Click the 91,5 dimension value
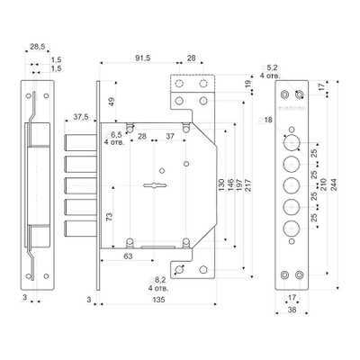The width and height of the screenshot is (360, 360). [142, 58]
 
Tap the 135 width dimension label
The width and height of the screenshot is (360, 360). [158, 300]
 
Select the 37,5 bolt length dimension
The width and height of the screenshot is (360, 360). [81, 117]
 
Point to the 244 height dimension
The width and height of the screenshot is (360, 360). [333, 184]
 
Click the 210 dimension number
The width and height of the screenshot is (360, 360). [323, 184]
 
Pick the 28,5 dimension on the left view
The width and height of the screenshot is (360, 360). [38, 47]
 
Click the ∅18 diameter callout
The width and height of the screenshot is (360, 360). [265, 120]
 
